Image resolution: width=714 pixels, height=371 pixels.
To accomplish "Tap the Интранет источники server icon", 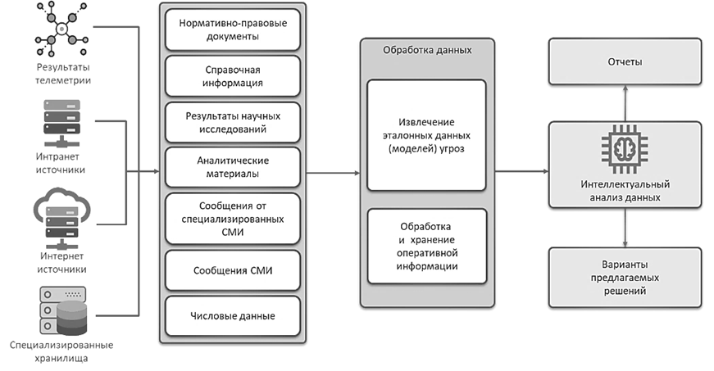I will pyautogui.click(x=61, y=121).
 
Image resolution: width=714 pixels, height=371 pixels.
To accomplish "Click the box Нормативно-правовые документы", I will pyautogui.click(x=232, y=29).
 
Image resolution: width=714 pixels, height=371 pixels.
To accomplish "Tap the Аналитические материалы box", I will pyautogui.click(x=232, y=167).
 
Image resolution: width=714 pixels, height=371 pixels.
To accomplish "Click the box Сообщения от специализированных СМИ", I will pyautogui.click(x=232, y=218).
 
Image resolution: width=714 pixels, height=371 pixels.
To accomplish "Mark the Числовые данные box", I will pyautogui.click(x=232, y=315).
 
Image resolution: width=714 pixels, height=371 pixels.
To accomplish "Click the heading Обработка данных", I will pyautogui.click(x=427, y=49).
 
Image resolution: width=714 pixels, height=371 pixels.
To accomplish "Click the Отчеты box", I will pyautogui.click(x=625, y=62).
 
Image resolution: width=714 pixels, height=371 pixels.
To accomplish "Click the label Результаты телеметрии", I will pyautogui.click(x=62, y=73).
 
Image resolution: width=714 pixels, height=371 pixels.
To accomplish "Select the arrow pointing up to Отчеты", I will pyautogui.click(x=625, y=102).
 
